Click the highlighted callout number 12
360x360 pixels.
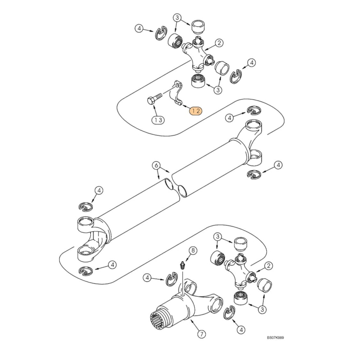pos(196,111)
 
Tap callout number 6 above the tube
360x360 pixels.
pos(156,166)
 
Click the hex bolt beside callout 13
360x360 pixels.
pos(152,100)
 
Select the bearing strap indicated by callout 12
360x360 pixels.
pos(175,94)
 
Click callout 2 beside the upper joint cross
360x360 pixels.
pos(219,43)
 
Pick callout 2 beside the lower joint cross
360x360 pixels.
pos(268,266)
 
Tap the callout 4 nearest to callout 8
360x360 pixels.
pos(147,278)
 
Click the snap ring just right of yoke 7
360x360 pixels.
pos(229,313)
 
